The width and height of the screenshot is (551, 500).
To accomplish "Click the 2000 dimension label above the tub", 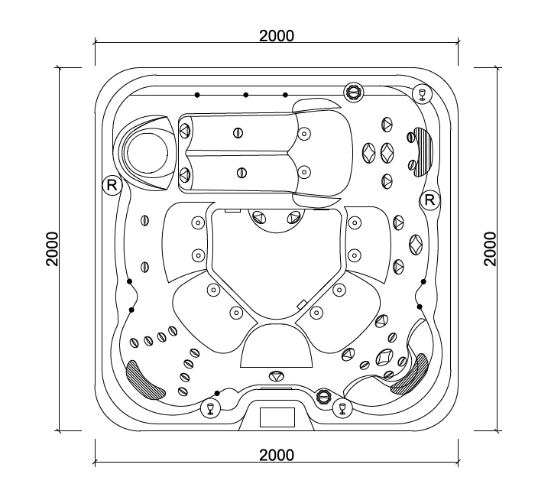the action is (x=277, y=36).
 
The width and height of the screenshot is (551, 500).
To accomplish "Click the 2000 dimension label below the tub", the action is (x=277, y=455).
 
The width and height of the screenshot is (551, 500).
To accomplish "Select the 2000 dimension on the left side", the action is (x=52, y=248).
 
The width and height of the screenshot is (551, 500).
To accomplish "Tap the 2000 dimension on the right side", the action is (x=490, y=248).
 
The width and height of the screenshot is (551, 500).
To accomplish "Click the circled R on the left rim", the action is (x=112, y=185).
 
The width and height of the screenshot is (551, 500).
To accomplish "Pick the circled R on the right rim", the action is (x=429, y=200).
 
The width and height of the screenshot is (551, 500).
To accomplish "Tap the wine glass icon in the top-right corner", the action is (x=422, y=94).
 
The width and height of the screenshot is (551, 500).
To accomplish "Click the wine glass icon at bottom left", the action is (x=210, y=408).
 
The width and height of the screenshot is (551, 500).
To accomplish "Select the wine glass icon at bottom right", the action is (x=342, y=408).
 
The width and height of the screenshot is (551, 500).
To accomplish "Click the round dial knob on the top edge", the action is (x=354, y=93).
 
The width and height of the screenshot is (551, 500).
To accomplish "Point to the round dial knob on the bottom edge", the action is (x=323, y=397).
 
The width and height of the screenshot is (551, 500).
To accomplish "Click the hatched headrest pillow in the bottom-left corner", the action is (x=145, y=380).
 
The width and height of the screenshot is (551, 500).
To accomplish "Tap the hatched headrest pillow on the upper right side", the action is (x=423, y=151).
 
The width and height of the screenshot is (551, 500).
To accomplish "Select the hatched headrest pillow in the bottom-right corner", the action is (x=410, y=375).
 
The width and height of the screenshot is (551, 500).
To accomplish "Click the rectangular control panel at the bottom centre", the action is (x=277, y=417).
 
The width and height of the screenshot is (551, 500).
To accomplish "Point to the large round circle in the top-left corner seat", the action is (x=147, y=154).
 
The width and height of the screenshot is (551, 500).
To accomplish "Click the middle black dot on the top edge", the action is (x=245, y=95).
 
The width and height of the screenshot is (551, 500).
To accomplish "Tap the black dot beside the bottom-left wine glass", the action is (x=217, y=393).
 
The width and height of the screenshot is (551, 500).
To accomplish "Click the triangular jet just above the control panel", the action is (x=277, y=375).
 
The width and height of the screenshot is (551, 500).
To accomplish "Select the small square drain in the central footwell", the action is (x=302, y=304).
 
